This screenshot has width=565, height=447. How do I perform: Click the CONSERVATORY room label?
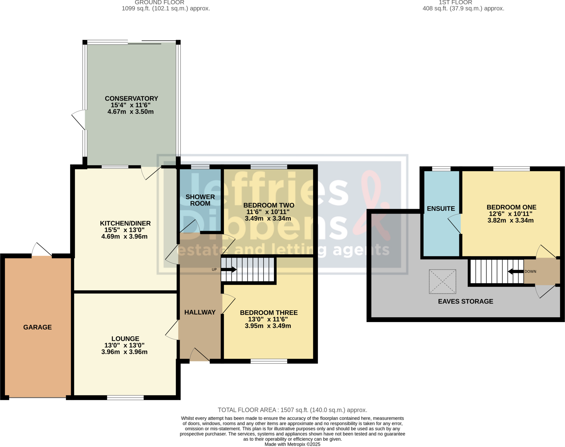tap(131, 99)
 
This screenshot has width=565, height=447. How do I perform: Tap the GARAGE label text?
tap(38, 327)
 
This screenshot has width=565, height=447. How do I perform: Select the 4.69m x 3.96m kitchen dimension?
tap(124, 236)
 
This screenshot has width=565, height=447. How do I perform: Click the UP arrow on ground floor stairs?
tap(229, 270)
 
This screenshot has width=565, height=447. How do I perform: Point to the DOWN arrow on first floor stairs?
tap(516, 272)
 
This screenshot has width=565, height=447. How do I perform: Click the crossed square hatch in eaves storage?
tap(442, 281)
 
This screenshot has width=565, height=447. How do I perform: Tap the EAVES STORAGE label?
tap(465, 301)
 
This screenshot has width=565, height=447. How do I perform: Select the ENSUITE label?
tap(441, 209)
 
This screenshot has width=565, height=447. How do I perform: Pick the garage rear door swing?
tap(41, 250)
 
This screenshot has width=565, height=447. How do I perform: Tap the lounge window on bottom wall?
tap(125, 398)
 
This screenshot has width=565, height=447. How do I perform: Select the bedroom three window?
tap(269, 361)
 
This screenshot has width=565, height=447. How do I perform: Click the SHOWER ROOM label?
tap(200, 200)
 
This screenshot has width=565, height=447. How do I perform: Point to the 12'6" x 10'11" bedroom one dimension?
tap(510, 214)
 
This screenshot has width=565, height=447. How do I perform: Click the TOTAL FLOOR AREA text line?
tap(292, 410)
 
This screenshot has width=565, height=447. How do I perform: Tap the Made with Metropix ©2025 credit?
tap(292, 444)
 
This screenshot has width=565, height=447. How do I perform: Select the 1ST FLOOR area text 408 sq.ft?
tap(463, 9)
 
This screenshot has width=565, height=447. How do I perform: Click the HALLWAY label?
tap(200, 312)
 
